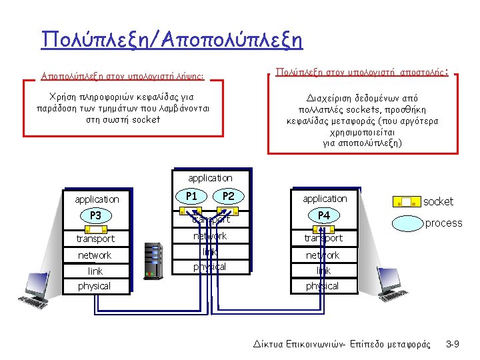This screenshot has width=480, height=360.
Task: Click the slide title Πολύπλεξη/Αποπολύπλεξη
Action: pos(171,39)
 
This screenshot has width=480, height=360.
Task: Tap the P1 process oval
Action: pos(191,196)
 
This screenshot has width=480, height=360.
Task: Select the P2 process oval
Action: pos(228,196)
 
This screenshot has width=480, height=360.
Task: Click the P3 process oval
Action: pos(95,215)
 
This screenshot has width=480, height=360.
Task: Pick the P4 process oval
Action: pos(324,215)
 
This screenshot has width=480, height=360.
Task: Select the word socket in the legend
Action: pos(439,201)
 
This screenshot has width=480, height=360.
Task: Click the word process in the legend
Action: pos(443,223)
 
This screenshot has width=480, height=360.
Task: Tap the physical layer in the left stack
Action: pos(94,286)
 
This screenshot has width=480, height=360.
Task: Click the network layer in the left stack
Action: pos(95,255)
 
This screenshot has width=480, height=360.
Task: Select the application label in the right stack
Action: pos(325,199)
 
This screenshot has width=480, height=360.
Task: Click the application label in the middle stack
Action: pos(210,178)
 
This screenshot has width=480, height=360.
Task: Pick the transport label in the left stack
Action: pos(95,239)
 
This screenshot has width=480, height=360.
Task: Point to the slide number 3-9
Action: pos(453,344)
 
